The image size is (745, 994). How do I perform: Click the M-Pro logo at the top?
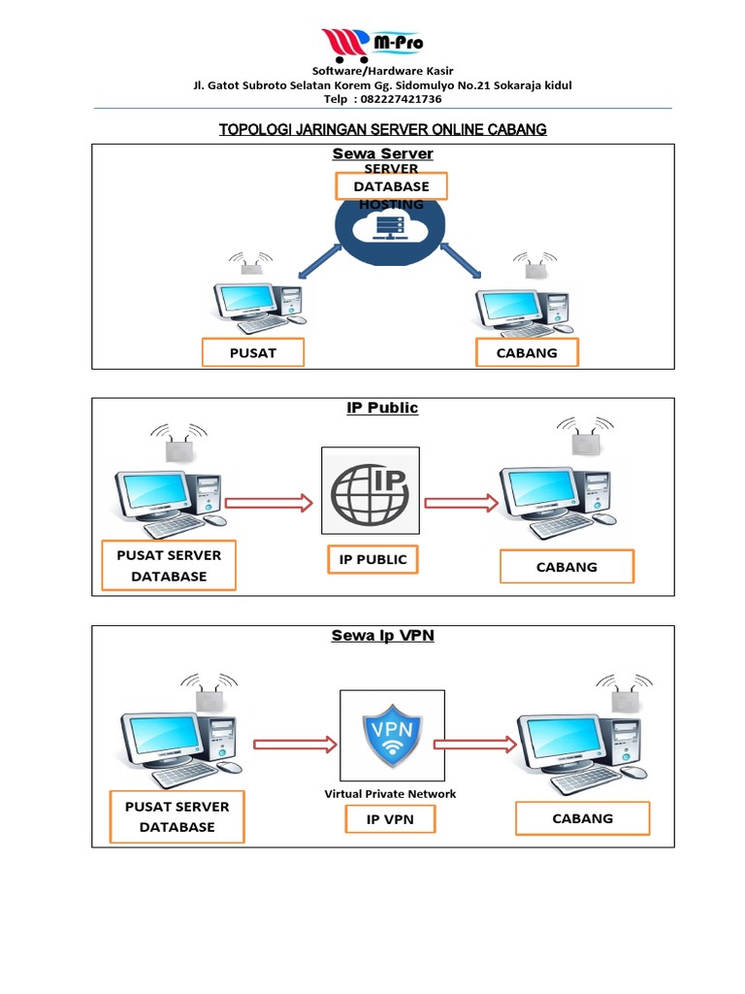click(372, 44)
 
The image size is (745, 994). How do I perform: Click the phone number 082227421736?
click(400, 99)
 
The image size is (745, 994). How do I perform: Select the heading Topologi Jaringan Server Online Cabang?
click(382, 129)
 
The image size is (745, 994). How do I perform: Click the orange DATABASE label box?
click(391, 185)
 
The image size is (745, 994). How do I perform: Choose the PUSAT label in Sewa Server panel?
click(252, 352)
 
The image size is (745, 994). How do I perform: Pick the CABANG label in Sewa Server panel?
click(527, 352)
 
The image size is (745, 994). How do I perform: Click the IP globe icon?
click(371, 491)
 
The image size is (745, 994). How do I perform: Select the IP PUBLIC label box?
click(372, 559)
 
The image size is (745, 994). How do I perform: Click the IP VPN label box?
click(390, 819)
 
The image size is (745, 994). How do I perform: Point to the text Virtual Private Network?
click(390, 793)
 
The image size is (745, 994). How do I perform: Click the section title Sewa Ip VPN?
click(382, 636)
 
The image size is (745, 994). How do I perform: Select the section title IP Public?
click(382, 408)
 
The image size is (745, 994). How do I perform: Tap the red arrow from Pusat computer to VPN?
click(295, 745)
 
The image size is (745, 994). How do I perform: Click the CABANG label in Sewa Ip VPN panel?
click(582, 818)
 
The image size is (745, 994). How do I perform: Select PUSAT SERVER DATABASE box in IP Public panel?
click(169, 566)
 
